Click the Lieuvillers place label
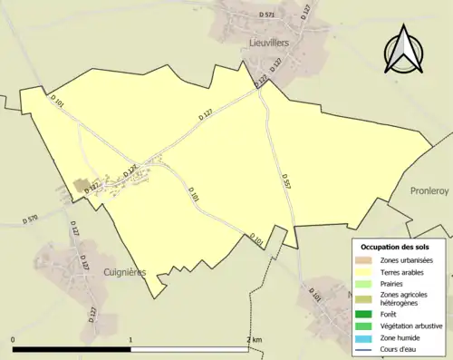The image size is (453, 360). point(270,42)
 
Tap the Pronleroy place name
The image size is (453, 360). point(430,191)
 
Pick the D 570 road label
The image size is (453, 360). point(29,219)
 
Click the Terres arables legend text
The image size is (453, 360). point(403,271)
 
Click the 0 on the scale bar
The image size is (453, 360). point(13,340)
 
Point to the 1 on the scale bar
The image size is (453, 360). point(130,340)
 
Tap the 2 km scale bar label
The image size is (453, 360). point(254,340)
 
